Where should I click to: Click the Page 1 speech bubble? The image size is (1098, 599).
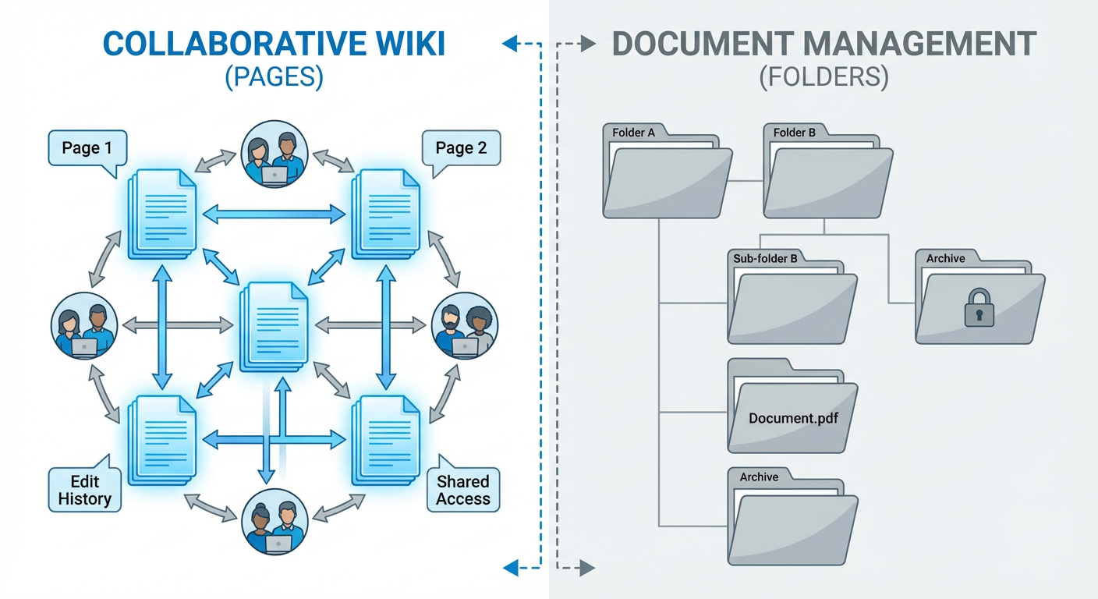[x=87, y=148]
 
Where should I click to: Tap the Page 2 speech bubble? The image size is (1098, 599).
[x=461, y=148]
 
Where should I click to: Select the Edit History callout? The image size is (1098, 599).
[x=84, y=490]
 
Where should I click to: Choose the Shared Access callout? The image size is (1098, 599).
[x=463, y=490]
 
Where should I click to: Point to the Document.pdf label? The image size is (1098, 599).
[x=792, y=418]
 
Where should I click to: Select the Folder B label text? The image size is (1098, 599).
[x=794, y=133]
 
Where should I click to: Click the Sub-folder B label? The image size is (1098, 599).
[x=765, y=258]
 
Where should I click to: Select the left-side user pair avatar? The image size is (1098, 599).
[x=84, y=326]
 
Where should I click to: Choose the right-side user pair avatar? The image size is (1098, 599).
[x=465, y=326]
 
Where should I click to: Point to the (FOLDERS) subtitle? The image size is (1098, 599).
[x=823, y=78]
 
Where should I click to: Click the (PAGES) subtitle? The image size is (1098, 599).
[x=274, y=78]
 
